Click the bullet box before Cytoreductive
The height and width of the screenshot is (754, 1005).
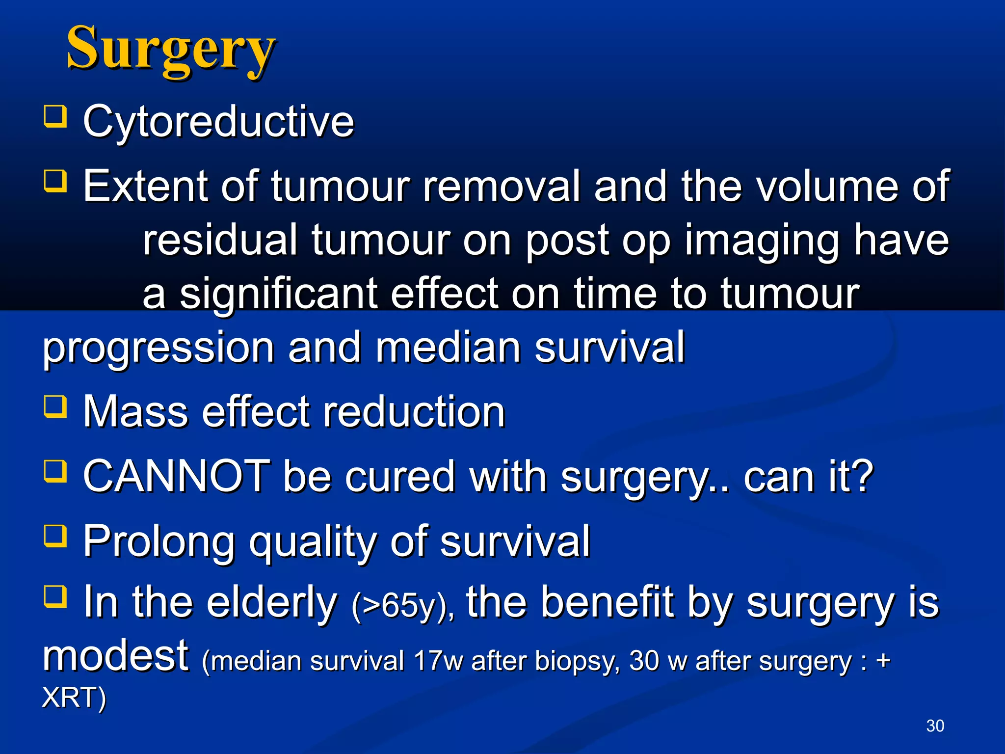[55, 116]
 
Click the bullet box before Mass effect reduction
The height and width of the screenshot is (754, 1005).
[55, 406]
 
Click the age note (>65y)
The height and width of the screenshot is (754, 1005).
[402, 606]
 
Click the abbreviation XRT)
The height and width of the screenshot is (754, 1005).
[74, 697]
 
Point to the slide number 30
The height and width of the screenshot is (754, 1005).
[935, 726]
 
